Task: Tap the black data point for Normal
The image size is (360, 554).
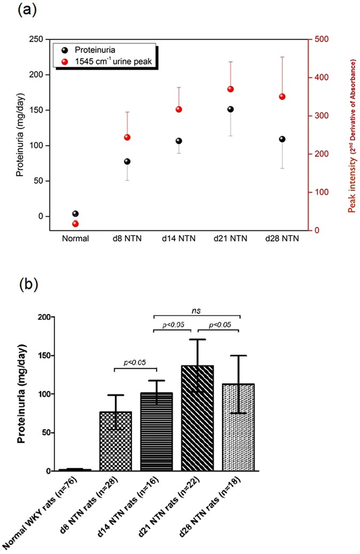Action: click(75, 213)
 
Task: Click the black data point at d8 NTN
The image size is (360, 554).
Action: click(127, 161)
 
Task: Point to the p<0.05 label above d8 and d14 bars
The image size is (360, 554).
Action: click(135, 363)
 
